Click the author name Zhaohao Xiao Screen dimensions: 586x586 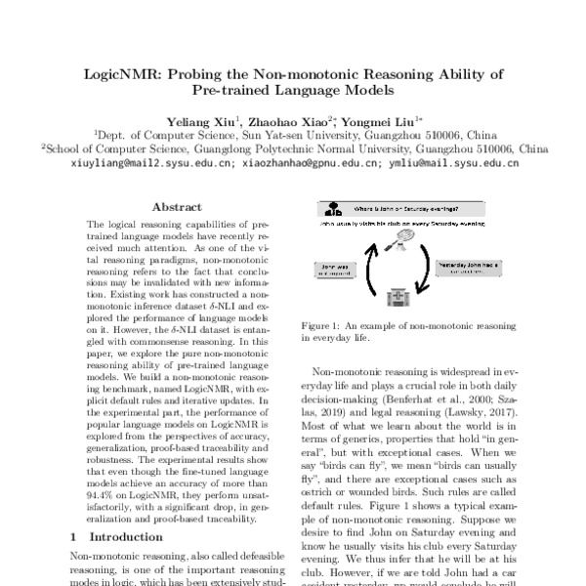pos(283,119)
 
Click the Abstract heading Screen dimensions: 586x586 pos(178,207)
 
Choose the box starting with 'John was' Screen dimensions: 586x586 pos(332,267)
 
